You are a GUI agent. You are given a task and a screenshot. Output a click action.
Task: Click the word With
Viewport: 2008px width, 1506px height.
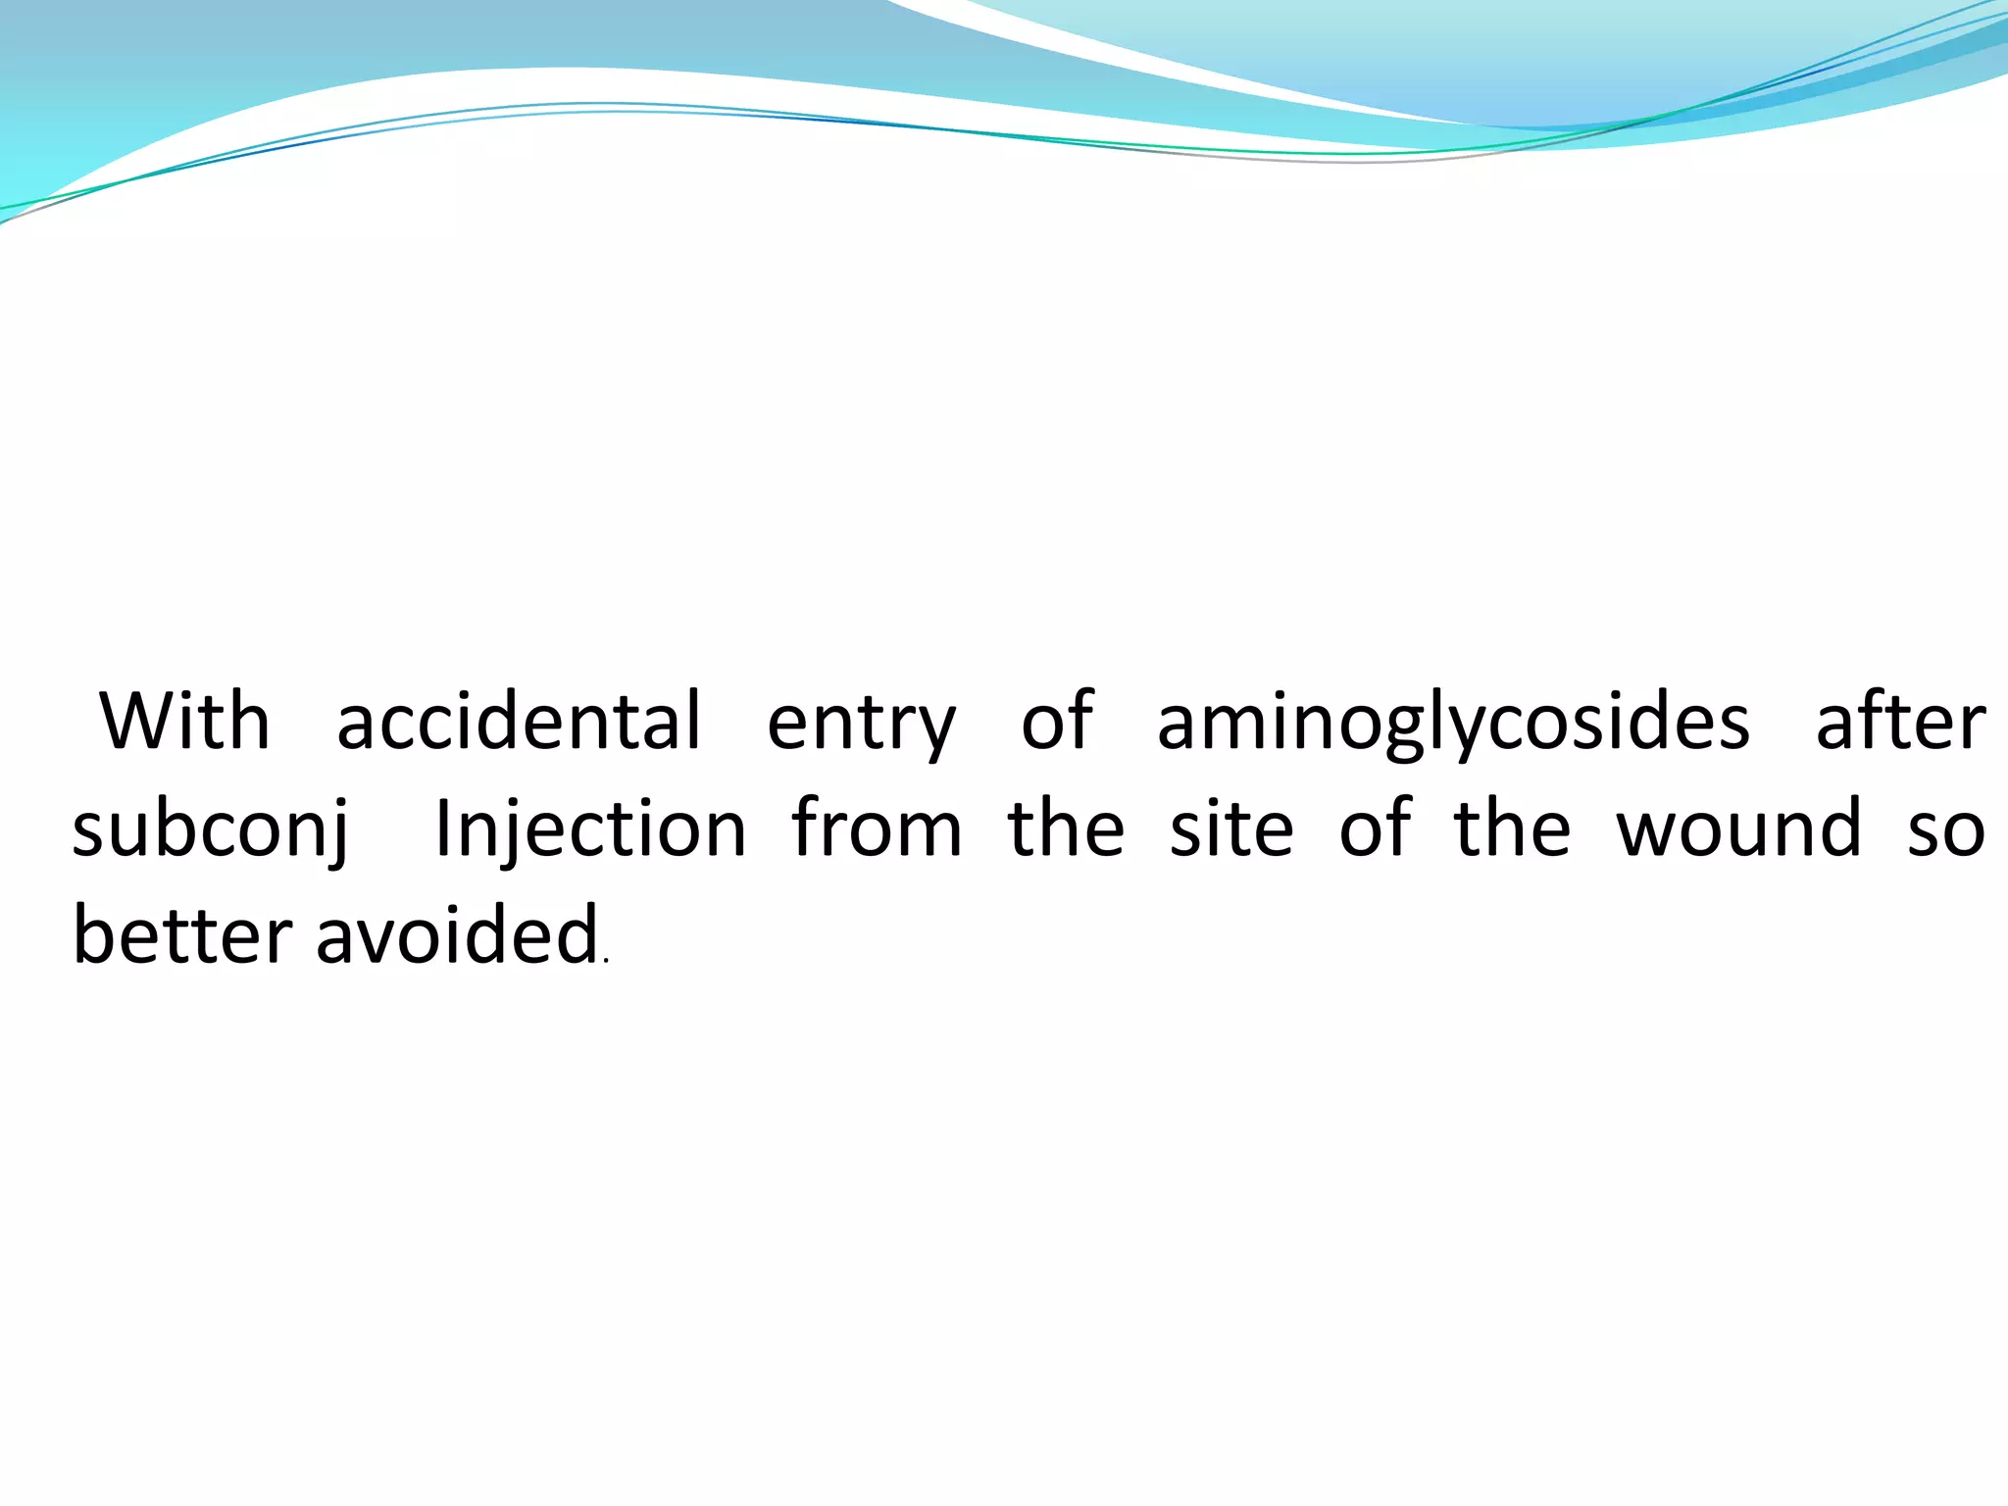click(184, 722)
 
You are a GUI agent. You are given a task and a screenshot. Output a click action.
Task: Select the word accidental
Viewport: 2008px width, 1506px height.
click(519, 722)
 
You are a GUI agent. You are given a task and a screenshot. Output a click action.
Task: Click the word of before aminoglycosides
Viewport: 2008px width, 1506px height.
click(1057, 722)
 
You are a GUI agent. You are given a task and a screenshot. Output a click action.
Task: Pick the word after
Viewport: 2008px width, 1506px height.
click(1900, 722)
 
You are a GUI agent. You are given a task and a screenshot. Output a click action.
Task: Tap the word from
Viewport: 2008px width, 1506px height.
click(877, 829)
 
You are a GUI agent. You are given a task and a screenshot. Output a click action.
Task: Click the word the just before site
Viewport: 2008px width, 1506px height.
click(1066, 829)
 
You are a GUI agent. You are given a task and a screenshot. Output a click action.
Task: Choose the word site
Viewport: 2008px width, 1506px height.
click(1231, 829)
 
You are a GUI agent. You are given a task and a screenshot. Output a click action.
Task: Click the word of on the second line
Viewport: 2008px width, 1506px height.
click(1376, 829)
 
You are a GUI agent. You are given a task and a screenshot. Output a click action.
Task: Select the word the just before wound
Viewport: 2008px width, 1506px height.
click(1512, 829)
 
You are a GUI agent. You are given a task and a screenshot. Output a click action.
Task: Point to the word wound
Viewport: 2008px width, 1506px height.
click(1738, 829)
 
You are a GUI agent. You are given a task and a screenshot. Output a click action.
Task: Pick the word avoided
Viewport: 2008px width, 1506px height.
click(457, 935)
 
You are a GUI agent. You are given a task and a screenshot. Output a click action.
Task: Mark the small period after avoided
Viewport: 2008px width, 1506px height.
click(607, 962)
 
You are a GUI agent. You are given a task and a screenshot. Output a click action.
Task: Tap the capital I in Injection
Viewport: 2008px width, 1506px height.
click(442, 829)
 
